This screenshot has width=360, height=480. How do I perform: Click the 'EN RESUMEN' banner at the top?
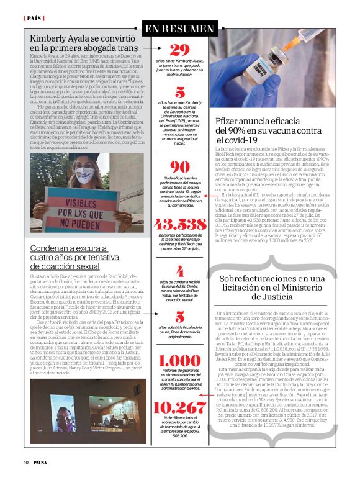(179, 29)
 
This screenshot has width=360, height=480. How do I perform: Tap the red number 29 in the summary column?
(179, 50)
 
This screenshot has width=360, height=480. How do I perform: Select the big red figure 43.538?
(179, 224)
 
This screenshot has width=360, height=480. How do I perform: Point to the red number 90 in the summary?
(179, 167)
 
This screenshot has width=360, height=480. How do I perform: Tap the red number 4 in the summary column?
(179, 271)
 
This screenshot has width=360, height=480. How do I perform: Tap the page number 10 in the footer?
(26, 462)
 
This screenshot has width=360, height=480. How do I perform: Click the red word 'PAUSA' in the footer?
(42, 462)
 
